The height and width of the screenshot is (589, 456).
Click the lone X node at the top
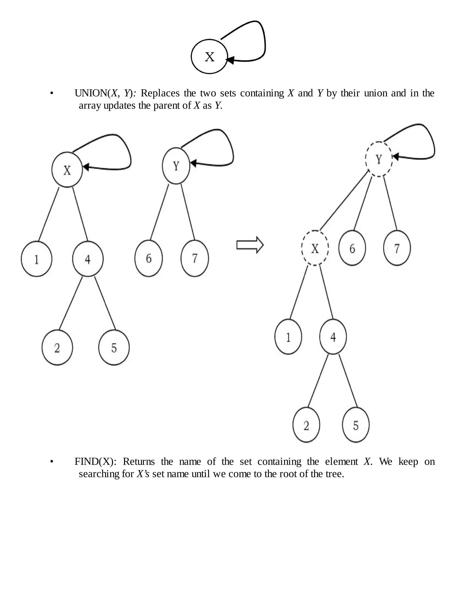point(209,57)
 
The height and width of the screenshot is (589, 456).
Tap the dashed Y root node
point(379,159)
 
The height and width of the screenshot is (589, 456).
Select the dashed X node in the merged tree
point(315,248)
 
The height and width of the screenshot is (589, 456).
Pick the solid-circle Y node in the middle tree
point(176,166)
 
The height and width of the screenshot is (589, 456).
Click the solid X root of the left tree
point(67,170)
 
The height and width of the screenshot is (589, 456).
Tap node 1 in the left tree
point(37,259)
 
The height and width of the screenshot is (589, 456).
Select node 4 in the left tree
point(88,259)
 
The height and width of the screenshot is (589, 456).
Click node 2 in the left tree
point(57,348)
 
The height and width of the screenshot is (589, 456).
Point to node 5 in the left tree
point(114,348)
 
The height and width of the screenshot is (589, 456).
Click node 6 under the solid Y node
point(149,258)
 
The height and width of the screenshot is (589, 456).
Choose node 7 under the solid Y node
point(195,258)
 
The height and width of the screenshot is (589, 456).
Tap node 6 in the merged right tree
point(352,248)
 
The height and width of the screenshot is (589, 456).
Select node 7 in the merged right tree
point(397,248)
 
